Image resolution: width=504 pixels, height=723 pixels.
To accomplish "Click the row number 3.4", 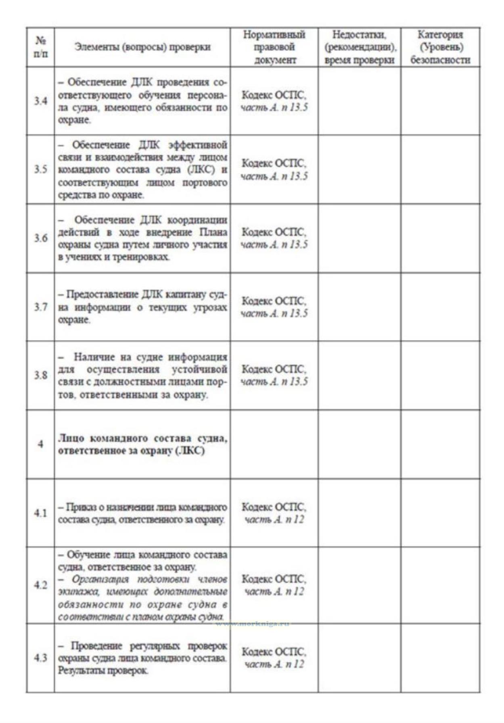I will click(x=40, y=101).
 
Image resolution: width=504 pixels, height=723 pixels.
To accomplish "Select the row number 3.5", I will click(x=40, y=169).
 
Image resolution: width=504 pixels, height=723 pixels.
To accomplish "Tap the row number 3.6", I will click(x=40, y=238).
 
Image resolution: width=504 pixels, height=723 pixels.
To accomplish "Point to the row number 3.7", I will click(x=40, y=307).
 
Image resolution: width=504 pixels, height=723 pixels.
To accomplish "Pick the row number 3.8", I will click(x=40, y=375).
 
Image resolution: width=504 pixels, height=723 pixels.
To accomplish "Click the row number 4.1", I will click(x=40, y=513).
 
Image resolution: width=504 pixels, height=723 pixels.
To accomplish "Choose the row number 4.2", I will click(x=40, y=585).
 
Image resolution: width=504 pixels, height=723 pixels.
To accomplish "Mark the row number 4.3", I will click(x=40, y=658).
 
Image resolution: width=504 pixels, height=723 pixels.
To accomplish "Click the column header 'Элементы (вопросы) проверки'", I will click(x=142, y=47).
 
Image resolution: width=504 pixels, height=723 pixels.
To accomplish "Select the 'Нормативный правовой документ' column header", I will click(x=274, y=47).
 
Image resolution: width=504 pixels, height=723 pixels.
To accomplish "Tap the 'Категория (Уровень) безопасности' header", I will click(x=440, y=47).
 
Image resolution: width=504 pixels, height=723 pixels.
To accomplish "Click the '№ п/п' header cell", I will click(x=40, y=47).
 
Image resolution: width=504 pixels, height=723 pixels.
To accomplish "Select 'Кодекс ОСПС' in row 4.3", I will click(x=274, y=652).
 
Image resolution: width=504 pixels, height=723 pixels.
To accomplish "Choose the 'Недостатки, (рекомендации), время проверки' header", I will click(x=359, y=47).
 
